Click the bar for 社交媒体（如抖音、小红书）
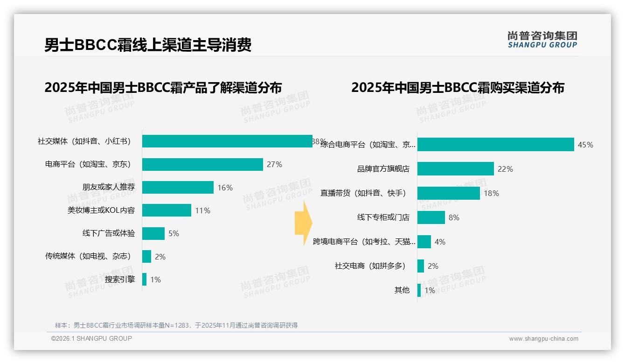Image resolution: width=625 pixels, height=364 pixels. [227, 141]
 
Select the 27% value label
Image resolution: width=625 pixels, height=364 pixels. [274, 164]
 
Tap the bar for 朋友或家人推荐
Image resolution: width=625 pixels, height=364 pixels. [178, 188]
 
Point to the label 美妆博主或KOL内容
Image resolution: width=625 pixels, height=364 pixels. [101, 210]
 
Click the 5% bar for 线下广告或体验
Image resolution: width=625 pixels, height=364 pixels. [153, 233]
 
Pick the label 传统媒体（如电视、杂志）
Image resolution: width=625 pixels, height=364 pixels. [88, 256]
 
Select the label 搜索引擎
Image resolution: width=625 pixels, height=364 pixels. [120, 280]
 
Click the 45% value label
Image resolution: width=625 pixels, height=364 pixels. [585, 145]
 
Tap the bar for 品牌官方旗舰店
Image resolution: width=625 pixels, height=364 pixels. [455, 169]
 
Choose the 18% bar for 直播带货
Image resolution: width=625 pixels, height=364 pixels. [448, 193]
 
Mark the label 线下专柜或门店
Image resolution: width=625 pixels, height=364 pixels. [383, 217]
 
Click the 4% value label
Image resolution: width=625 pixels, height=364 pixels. [440, 242]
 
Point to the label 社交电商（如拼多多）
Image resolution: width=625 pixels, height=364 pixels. [370, 266]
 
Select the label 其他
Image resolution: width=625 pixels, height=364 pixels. [402, 290]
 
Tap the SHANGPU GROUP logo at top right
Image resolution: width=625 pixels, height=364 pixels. [542, 40]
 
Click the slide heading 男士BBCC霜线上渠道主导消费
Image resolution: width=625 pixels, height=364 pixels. [148, 45]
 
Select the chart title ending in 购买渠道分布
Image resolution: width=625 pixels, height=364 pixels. [458, 88]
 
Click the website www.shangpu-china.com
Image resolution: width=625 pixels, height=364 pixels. [543, 339]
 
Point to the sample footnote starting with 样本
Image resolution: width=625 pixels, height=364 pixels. [176, 325]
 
